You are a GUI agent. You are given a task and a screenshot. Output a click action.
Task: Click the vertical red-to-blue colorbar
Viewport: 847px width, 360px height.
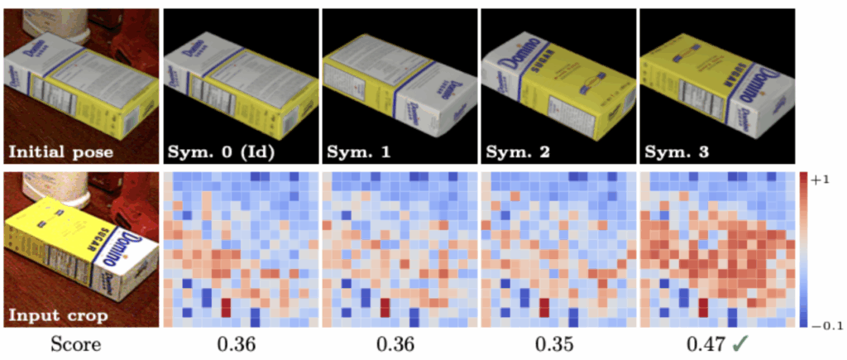coord(805,249)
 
